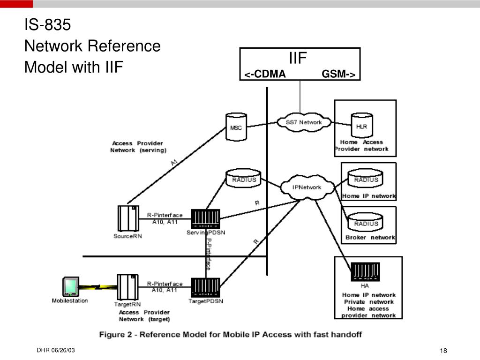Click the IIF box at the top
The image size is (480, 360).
[x=300, y=64]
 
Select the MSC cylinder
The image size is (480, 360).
[x=236, y=125]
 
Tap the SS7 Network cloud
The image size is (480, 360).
[x=304, y=122]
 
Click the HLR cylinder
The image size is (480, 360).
[x=361, y=125]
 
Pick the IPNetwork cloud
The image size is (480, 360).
[x=307, y=187]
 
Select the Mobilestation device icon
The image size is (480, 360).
[x=70, y=286]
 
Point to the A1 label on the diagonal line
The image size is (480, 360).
[x=174, y=163]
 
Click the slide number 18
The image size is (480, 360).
[x=444, y=352]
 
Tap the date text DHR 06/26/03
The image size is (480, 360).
[x=56, y=351]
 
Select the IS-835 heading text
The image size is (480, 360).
[x=47, y=25]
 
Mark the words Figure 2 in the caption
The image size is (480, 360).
[x=115, y=335]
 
